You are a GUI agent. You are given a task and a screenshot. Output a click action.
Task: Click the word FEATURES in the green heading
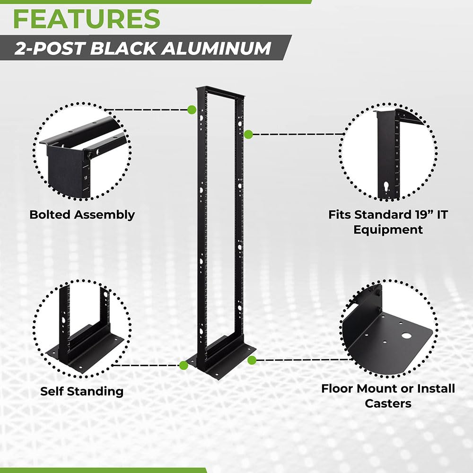[86, 18]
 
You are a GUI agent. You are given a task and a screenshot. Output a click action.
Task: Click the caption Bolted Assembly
[82, 215]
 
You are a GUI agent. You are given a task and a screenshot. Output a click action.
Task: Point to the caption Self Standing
[82, 391]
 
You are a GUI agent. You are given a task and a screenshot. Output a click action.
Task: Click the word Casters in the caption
[388, 403]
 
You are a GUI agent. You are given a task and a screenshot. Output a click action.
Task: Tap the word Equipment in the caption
[388, 230]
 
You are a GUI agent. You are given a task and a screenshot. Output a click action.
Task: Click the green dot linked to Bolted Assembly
[191, 110]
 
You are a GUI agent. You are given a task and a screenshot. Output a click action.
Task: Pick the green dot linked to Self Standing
[184, 365]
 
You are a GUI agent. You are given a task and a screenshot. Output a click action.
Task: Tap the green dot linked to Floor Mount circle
[252, 360]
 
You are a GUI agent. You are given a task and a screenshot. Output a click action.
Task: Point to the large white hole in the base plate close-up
[406, 335]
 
